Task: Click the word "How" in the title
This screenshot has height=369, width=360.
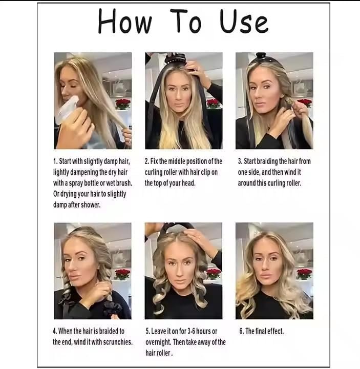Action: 125,21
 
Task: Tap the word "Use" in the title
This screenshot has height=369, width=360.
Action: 244,22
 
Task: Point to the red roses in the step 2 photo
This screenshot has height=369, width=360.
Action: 214,104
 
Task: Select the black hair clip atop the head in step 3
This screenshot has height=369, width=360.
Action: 261,56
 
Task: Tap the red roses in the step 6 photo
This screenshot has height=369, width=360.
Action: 304,274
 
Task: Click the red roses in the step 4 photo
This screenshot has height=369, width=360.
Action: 122,274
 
